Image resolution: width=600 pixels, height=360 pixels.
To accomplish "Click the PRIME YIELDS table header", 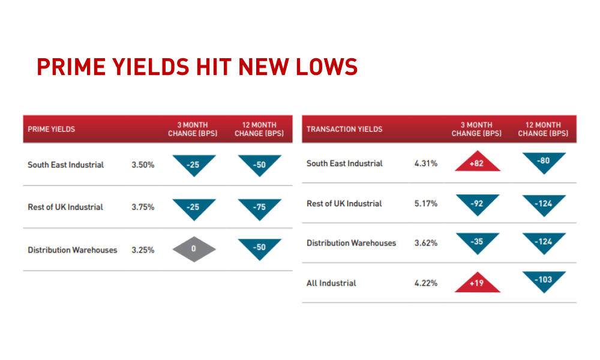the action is (51, 130).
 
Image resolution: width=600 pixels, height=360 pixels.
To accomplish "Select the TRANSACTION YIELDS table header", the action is (344, 130).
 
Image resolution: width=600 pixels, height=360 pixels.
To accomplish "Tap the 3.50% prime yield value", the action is (143, 165).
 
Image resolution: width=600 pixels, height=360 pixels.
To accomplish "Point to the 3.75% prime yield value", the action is (143, 207).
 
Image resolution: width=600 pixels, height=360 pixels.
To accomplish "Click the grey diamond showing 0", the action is (194, 249).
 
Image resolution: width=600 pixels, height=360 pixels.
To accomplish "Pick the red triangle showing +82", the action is (477, 161).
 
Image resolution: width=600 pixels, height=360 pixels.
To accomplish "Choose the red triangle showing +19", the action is (477, 283).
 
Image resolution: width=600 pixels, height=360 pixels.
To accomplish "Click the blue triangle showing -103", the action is (544, 282).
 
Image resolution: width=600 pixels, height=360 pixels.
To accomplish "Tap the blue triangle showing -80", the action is (544, 163).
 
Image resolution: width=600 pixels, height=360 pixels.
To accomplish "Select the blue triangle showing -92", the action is (478, 205).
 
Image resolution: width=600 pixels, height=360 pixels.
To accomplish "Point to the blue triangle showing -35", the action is (478, 244).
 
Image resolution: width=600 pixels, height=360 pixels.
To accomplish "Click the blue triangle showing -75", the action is (259, 209).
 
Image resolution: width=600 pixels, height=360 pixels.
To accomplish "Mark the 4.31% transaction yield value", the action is (426, 163).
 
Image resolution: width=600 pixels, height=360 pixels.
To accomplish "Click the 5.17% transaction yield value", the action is (426, 203).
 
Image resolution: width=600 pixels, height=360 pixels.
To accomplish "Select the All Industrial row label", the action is (331, 283).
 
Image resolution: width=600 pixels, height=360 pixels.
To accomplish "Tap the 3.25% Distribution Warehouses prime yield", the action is (143, 250).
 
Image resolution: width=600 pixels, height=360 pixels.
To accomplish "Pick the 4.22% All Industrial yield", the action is (426, 283).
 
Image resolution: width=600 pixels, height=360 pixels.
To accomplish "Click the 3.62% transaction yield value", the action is (426, 243).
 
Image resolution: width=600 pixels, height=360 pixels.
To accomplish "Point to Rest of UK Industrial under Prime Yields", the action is (65, 207).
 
